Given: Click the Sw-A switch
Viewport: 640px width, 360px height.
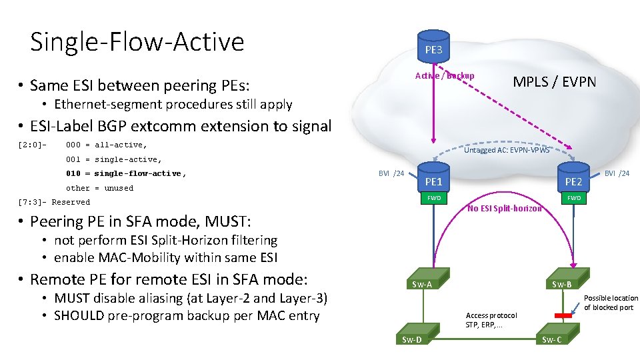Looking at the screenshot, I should (x=422, y=281).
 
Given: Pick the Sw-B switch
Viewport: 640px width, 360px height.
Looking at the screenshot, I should (x=561, y=281).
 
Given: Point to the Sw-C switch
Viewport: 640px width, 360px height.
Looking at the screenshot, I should (x=552, y=336).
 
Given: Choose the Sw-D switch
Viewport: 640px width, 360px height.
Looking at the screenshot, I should (x=412, y=336).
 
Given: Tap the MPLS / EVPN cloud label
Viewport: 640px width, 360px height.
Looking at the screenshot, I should (x=554, y=82).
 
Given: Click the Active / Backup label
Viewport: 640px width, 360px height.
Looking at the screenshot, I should (x=445, y=75).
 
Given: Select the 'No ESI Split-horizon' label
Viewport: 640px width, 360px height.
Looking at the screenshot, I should (x=504, y=209).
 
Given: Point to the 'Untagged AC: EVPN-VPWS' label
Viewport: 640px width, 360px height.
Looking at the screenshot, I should (x=507, y=150).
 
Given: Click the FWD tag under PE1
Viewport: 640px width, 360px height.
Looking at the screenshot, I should (x=434, y=198).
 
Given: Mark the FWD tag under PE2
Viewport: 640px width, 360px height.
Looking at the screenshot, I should (x=573, y=198).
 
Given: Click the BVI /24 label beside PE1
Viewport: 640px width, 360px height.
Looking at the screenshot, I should (x=391, y=173).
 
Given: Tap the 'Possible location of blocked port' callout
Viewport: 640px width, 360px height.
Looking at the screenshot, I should (x=611, y=303).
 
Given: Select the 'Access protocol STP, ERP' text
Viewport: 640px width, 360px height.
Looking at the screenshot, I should (x=491, y=320).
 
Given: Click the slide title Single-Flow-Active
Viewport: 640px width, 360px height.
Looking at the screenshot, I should (x=137, y=41).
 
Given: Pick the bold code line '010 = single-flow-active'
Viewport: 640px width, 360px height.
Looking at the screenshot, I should (x=126, y=173).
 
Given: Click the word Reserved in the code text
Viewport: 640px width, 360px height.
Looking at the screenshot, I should (x=71, y=202).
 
